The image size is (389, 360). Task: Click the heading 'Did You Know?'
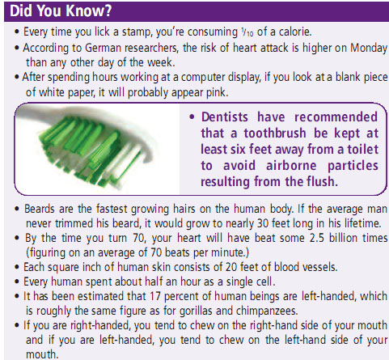pyautogui.click(x=61, y=11)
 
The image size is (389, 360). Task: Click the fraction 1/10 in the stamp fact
pyautogui.click(x=247, y=32)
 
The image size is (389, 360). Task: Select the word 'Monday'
pyautogui.click(x=369, y=49)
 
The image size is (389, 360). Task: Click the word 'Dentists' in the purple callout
pyautogui.click(x=225, y=117)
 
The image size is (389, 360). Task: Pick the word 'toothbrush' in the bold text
pyautogui.click(x=275, y=133)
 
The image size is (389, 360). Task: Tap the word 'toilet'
pyautogui.click(x=363, y=149)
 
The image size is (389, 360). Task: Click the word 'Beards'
pyautogui.click(x=40, y=209)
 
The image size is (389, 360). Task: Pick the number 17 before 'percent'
pyautogui.click(x=155, y=296)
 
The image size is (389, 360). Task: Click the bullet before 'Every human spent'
pyautogui.click(x=17, y=282)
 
